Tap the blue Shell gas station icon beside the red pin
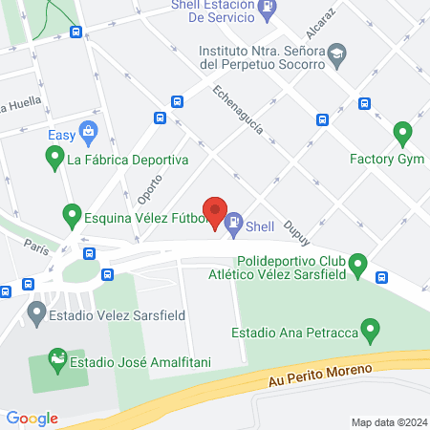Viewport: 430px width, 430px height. coord(233,225)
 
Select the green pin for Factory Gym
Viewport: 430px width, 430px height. coord(402,132)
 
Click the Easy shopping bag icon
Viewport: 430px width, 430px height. coord(88,129)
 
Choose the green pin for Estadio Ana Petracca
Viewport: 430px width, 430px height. coord(373,333)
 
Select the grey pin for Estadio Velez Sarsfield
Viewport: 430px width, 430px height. coord(36,312)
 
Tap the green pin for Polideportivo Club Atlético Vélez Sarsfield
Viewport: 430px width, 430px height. coord(358,262)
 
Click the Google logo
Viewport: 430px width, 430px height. coord(32,418)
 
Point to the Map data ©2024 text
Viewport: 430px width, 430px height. coord(387,421)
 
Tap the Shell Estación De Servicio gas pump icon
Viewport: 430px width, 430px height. coord(268,7)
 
